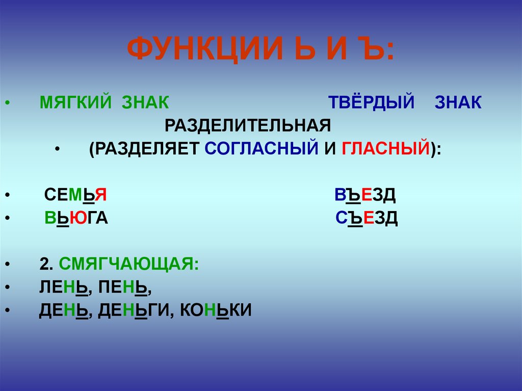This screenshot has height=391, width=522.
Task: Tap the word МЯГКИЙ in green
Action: tap(75, 102)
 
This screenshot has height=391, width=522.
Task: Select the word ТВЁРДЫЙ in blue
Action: tap(371, 101)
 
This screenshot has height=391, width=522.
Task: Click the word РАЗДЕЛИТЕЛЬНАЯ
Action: tap(248, 125)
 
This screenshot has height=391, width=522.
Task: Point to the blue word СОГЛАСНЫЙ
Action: tap(262, 148)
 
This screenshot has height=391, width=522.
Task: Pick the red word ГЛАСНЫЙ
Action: tap(385, 148)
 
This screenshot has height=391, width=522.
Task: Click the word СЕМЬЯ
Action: tap(75, 195)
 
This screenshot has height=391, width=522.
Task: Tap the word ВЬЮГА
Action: tap(76, 218)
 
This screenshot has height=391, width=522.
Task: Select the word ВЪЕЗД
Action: tap(365, 195)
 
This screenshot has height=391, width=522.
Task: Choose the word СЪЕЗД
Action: tap(367, 218)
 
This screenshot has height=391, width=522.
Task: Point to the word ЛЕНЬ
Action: tap(64, 287)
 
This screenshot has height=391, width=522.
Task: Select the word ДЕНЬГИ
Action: tap(134, 310)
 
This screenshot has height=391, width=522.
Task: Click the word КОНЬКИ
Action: tap(216, 310)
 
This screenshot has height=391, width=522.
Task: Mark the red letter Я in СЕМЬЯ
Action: tap(101, 195)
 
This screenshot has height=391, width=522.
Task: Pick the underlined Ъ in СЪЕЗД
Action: tap(355, 219)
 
